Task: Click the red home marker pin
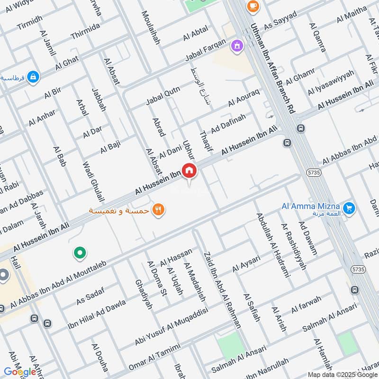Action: point(189,171)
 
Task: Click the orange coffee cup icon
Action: point(252,6)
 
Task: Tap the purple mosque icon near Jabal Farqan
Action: point(235,46)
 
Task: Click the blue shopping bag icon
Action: point(33,76)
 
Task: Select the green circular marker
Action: point(80,253)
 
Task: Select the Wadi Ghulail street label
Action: point(93,182)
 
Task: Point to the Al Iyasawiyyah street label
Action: point(330,82)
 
